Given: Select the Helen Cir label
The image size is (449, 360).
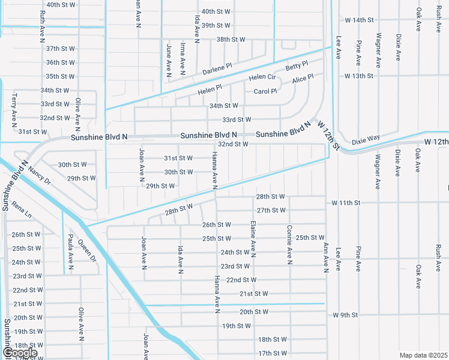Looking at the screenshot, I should [x=262, y=77].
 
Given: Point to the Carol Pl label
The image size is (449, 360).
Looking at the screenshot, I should [x=265, y=91].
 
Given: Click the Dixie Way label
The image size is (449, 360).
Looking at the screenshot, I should [x=366, y=139].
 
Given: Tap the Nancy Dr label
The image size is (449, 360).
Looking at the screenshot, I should [x=40, y=176].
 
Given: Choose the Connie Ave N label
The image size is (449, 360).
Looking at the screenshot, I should [x=289, y=245].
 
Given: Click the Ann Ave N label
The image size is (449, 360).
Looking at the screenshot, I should [x=326, y=257].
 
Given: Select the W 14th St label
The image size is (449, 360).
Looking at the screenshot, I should [x=359, y=20].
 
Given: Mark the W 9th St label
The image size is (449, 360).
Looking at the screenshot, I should [x=345, y=315].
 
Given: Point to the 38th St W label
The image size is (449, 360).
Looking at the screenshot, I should [x=231, y=40].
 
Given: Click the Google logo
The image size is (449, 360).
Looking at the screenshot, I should [x=20, y=353].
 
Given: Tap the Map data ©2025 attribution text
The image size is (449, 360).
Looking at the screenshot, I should [x=423, y=355].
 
